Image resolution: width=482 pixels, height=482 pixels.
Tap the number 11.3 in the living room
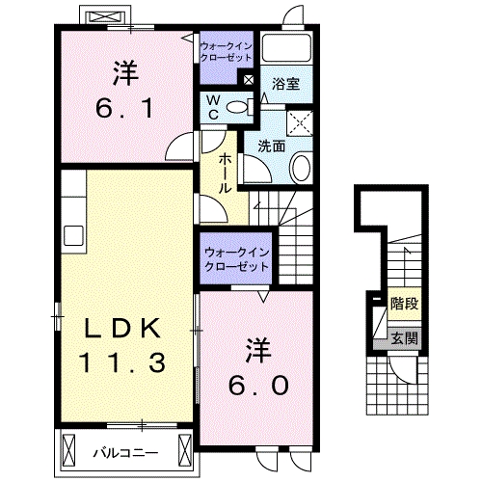pos(124,362)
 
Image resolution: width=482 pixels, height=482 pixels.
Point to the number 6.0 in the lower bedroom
pos(257,384)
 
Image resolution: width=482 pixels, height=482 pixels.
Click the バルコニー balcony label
pos(125,450)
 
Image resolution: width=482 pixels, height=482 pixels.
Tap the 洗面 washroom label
pos(272,147)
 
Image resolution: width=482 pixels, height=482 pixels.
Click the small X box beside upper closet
pos(250,81)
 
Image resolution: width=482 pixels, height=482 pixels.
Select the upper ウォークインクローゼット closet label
pos(228,50)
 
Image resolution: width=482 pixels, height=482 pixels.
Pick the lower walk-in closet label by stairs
pos(237,259)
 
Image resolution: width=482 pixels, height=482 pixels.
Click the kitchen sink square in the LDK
pos(73,235)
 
